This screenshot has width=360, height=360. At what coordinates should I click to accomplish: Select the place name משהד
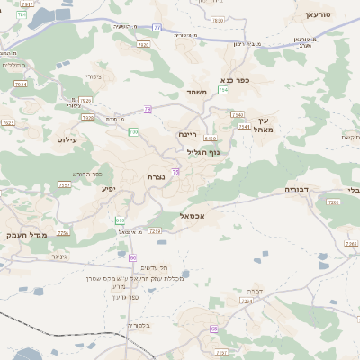click(x=198, y=92)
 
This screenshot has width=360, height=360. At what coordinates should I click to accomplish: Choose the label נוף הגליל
click(x=214, y=153)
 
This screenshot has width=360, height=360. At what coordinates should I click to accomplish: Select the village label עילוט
click(x=67, y=139)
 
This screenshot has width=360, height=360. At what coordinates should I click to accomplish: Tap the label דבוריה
click(x=297, y=190)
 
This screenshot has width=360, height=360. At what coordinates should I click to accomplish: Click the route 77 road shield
click(x=157, y=27)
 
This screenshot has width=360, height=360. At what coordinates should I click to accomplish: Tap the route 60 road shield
click(x=132, y=257)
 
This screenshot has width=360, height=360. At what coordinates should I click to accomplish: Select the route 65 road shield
click(x=214, y=329)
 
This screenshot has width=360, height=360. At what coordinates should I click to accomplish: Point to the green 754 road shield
click(x=221, y=90)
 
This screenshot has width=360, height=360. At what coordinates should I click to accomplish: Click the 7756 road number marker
click(x=63, y=232)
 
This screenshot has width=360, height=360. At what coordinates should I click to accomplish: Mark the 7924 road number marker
click(x=21, y=84)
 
